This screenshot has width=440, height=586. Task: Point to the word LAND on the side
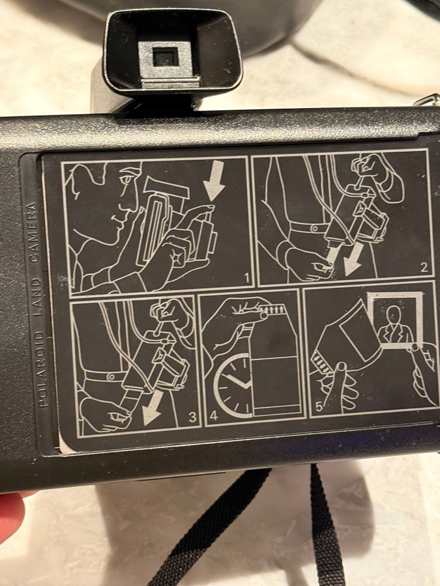[x=36, y=298]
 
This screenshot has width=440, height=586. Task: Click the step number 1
[x=246, y=279]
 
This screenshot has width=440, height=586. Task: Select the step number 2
[x=423, y=267]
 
